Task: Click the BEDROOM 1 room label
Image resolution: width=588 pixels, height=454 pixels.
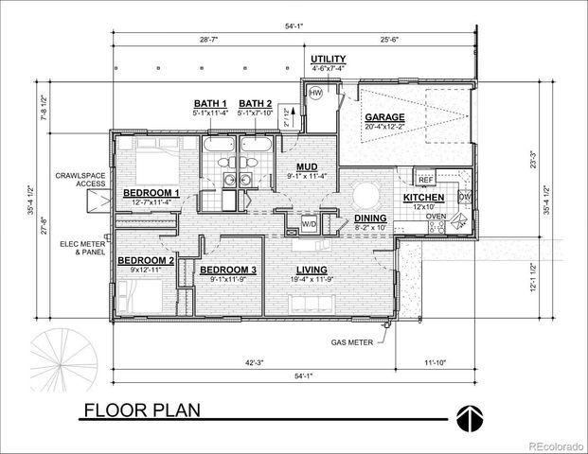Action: tap(151, 193)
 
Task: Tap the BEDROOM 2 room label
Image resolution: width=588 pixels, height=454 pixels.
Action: tap(145, 260)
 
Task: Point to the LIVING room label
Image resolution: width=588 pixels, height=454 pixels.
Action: tap(312, 271)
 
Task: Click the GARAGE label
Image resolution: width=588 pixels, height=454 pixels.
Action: tap(383, 118)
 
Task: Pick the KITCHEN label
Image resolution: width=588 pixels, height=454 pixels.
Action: tap(424, 198)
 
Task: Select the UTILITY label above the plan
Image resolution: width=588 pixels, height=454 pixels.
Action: tap(328, 59)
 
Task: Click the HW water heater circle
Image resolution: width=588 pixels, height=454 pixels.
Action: tap(314, 95)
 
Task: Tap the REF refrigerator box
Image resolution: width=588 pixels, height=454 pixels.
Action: tap(425, 178)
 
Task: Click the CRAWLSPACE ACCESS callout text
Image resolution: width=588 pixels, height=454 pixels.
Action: tap(78, 180)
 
